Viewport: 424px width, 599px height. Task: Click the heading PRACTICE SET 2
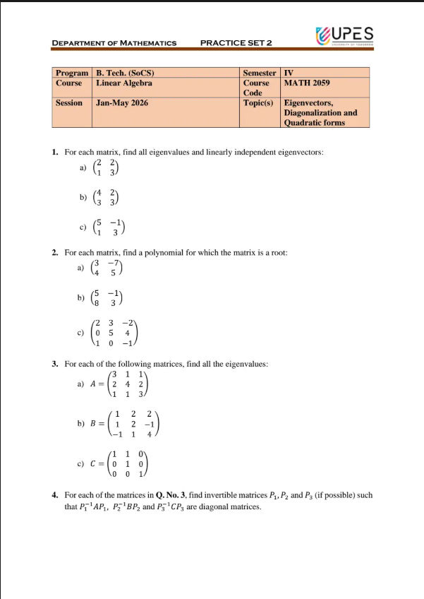236,43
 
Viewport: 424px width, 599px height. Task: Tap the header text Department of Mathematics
114,43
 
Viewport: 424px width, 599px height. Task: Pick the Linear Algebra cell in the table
124,83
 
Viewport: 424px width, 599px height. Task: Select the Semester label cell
259,73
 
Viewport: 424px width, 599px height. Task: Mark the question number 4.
55,496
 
